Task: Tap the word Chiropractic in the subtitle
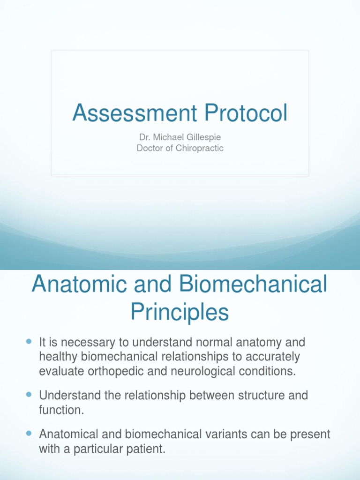point(197,148)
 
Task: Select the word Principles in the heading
point(180,312)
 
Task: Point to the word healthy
point(59,357)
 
